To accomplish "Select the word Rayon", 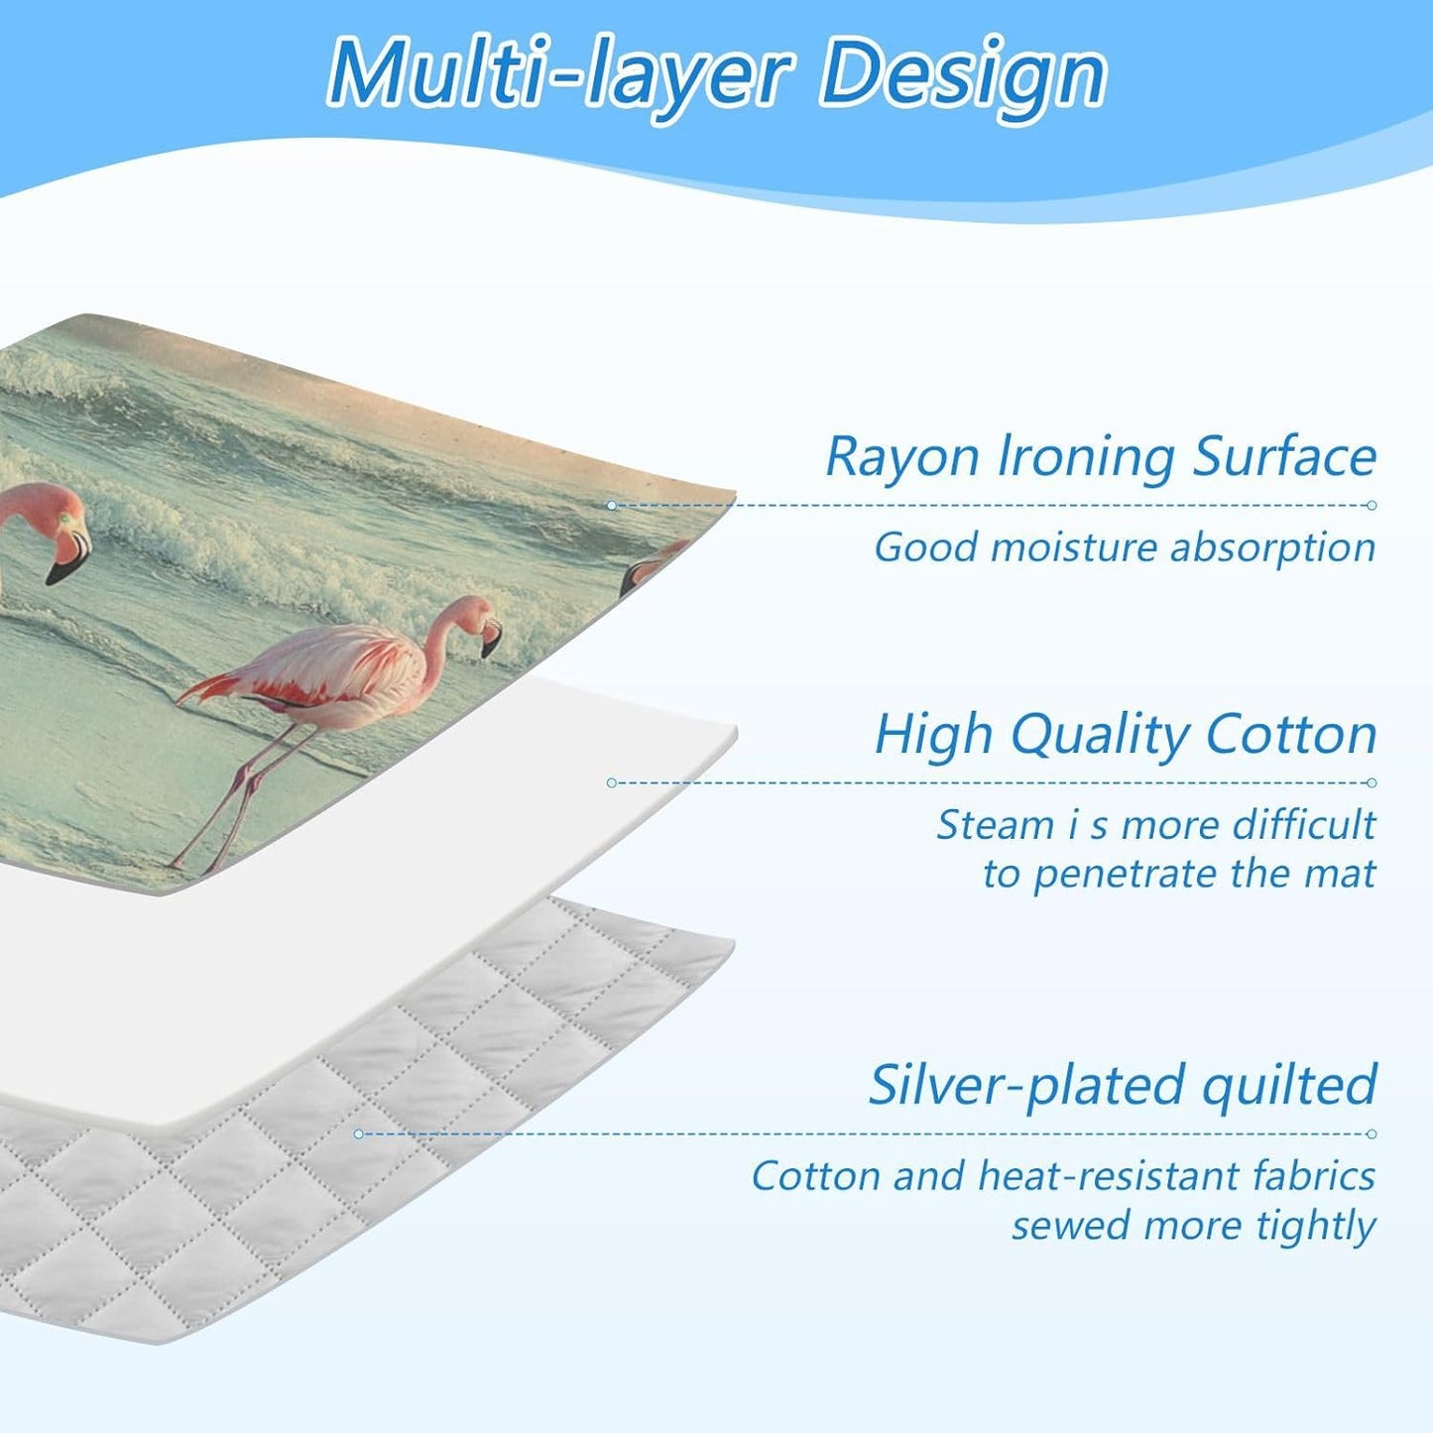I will (902, 457).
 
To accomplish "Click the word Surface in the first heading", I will (1284, 457).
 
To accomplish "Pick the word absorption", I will (1272, 548).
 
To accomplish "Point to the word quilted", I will (1289, 1085).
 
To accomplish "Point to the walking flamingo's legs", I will (233, 793).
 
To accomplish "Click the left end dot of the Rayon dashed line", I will (612, 506).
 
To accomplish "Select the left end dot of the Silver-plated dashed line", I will (358, 1134).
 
